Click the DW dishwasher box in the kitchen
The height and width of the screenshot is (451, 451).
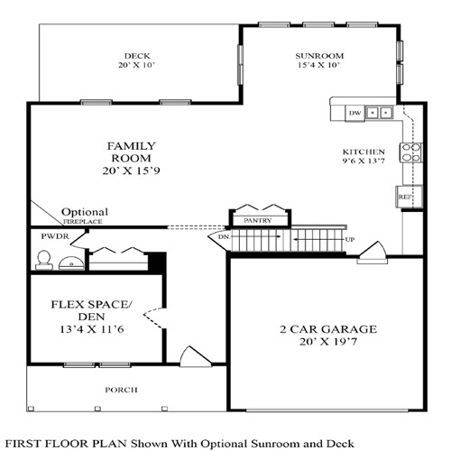(x=355, y=113)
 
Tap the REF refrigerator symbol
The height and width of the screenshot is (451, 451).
(x=404, y=196)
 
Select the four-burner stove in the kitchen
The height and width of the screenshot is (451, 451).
(x=411, y=152)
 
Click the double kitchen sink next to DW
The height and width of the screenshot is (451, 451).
(x=380, y=113)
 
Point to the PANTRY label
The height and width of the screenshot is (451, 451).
(x=260, y=219)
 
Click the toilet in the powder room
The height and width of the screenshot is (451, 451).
(x=41, y=260)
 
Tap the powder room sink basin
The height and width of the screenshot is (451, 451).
(x=71, y=263)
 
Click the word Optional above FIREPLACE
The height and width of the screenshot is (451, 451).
(x=85, y=212)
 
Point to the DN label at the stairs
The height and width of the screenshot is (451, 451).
(x=225, y=237)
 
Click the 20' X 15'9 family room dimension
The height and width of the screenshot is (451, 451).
(x=133, y=171)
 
